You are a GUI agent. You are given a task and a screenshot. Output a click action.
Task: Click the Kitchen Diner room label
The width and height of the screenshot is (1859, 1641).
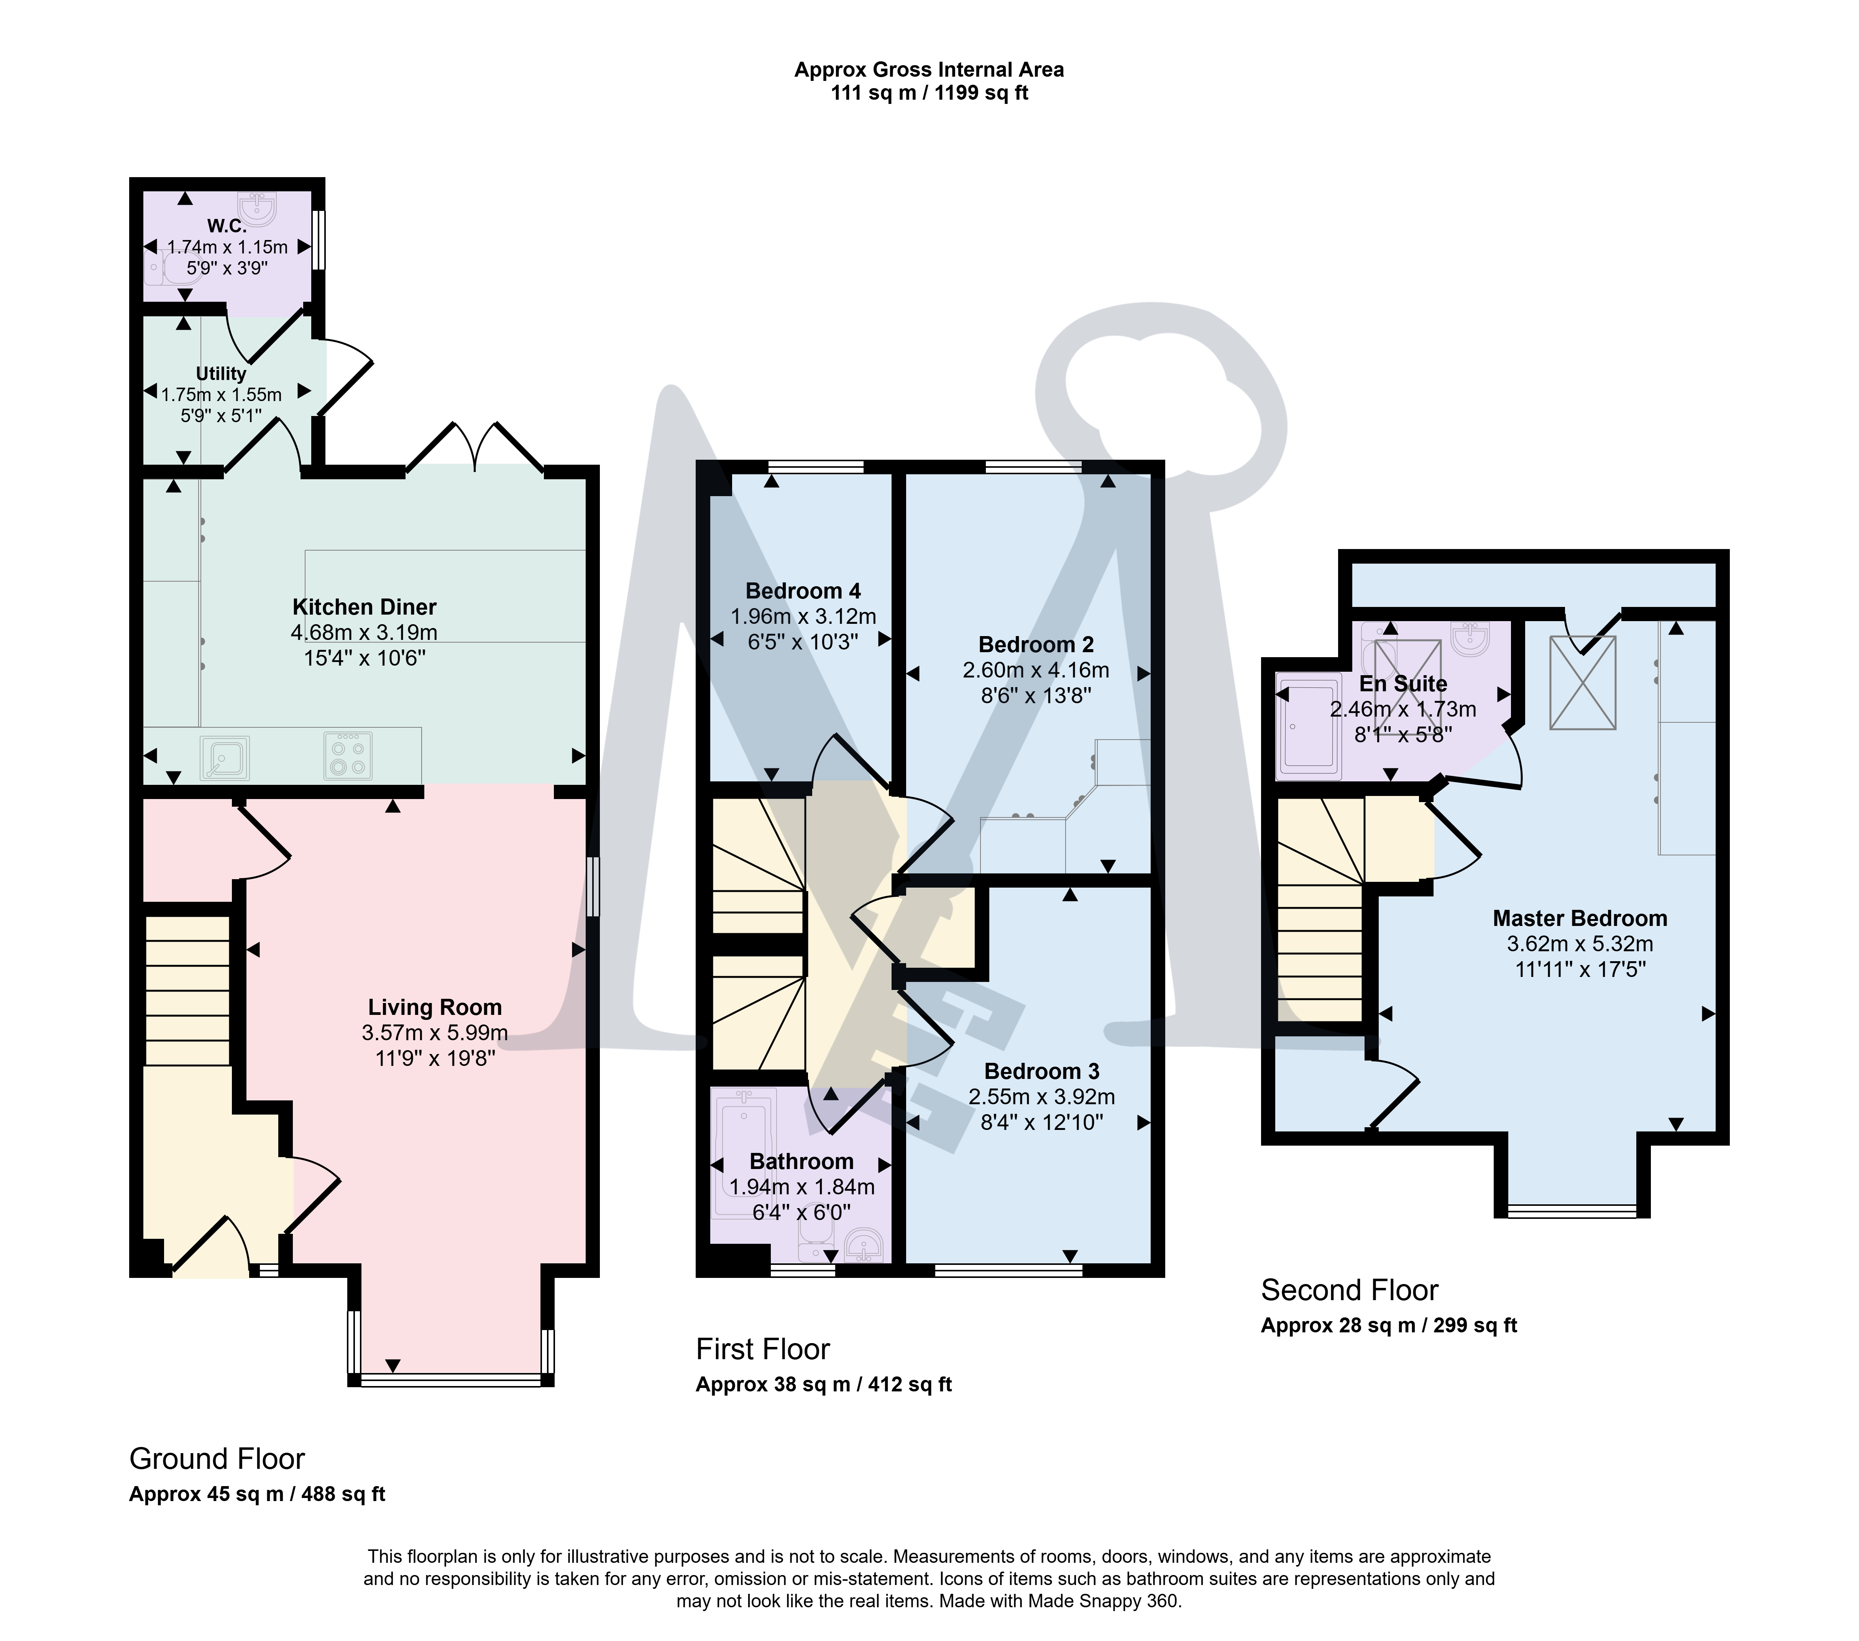point(364,607)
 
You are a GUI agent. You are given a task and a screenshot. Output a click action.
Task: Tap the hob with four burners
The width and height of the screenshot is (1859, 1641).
point(347,755)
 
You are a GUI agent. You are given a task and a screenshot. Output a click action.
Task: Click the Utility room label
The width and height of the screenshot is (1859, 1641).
point(221,373)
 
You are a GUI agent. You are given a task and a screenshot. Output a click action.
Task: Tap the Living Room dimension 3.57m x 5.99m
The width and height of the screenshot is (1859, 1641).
point(435,1033)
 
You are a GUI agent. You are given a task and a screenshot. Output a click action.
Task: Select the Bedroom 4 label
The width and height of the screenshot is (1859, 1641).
point(803,590)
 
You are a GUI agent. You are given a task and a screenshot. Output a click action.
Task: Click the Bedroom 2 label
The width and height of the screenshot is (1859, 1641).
point(1036,644)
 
